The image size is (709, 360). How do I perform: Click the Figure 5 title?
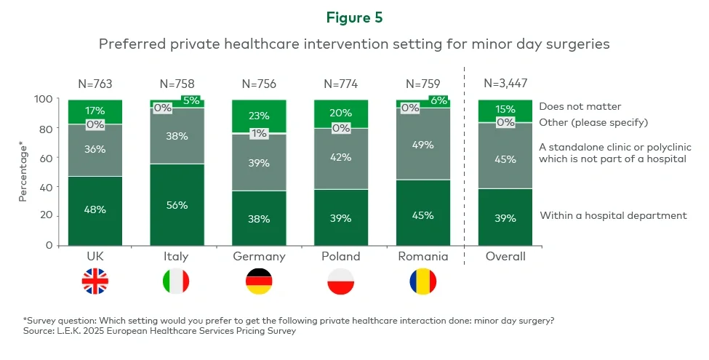click(x=354, y=17)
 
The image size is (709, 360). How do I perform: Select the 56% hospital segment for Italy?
click(x=177, y=204)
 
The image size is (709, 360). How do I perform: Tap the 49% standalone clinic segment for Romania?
click(x=422, y=144)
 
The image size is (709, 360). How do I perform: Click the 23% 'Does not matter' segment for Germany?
click(x=259, y=116)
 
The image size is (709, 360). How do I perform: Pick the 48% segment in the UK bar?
click(x=95, y=210)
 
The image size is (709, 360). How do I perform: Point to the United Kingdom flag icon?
click(x=95, y=281)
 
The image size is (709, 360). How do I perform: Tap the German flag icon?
click(x=259, y=281)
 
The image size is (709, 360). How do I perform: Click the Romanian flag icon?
click(x=422, y=281)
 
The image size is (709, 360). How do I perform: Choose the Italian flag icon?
click(x=177, y=281)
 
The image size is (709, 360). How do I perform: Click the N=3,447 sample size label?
click(x=505, y=84)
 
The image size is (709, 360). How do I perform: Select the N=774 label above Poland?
click(x=341, y=84)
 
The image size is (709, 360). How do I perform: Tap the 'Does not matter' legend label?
click(x=580, y=106)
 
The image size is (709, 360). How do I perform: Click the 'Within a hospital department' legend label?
click(x=613, y=215)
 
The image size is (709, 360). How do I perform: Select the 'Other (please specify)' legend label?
click(x=593, y=121)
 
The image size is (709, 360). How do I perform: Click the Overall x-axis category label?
click(x=505, y=257)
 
